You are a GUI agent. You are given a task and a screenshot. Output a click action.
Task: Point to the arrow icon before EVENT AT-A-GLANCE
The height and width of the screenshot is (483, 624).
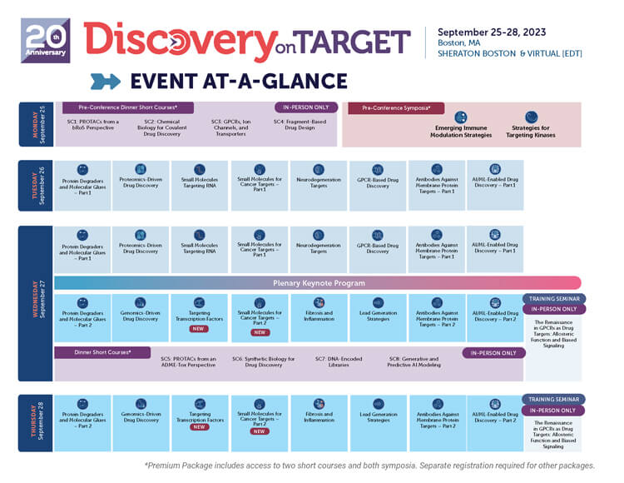click(106, 81)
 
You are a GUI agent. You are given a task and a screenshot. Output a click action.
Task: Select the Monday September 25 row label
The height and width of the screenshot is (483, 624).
click(35, 124)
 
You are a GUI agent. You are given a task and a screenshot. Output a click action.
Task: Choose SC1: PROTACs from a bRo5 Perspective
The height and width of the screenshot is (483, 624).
click(93, 126)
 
